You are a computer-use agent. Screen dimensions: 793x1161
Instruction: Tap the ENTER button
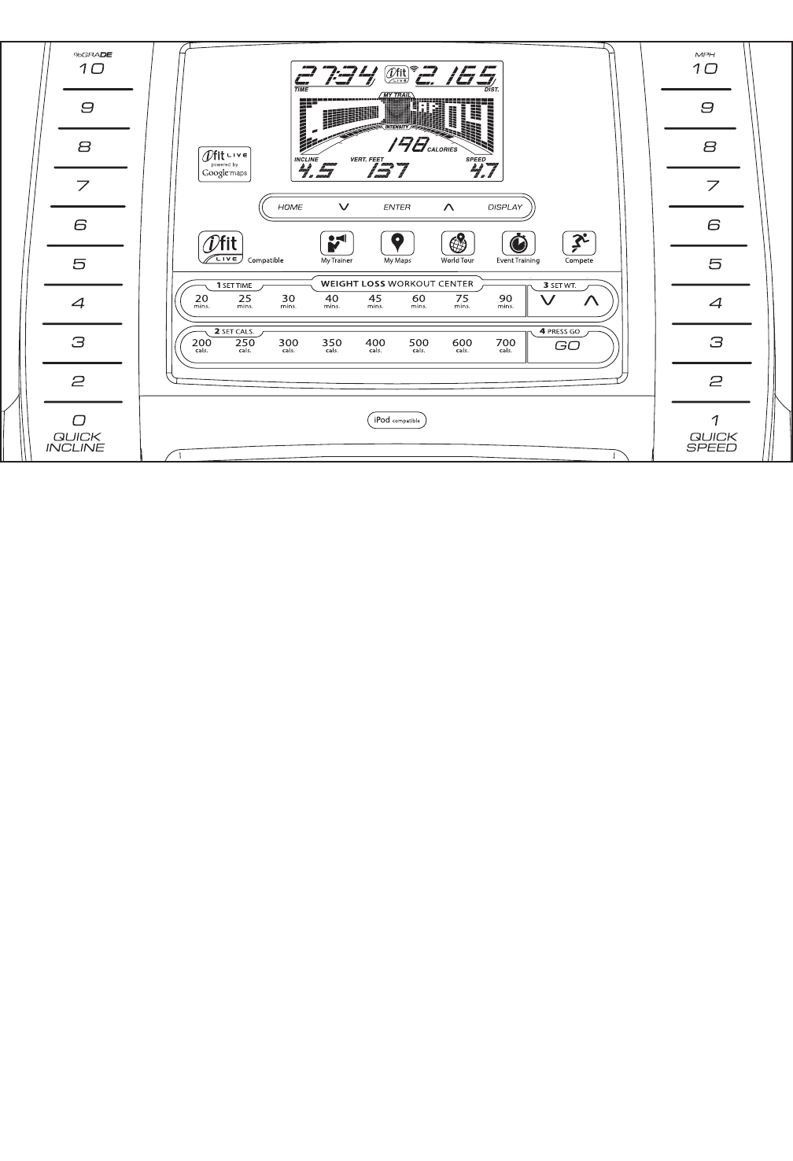pos(396,208)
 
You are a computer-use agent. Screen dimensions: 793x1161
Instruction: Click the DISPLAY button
pos(504,208)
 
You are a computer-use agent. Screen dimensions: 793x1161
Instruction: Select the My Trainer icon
pos(337,243)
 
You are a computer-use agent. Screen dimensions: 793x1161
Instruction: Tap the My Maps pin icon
pos(397,243)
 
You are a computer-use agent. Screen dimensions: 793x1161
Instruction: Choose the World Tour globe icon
pos(457,243)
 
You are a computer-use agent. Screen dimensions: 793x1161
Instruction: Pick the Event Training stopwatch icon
pos(518,243)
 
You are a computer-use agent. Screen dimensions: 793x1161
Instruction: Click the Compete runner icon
pos(579,243)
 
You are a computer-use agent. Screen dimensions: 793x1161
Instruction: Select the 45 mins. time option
pos(375,301)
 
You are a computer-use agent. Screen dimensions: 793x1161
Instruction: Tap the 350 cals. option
pos(332,345)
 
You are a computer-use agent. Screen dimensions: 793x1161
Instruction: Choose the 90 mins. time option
pos(506,301)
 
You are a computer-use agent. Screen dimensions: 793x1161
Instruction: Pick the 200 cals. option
pos(202,345)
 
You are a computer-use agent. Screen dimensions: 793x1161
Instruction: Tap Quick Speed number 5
pos(714,264)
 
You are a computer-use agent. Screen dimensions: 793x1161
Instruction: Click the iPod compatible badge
pos(397,421)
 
